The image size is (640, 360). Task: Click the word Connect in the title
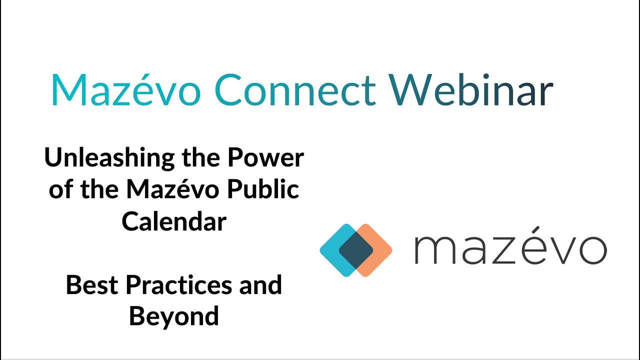pyautogui.click(x=295, y=90)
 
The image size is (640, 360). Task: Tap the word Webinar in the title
pyautogui.click(x=471, y=90)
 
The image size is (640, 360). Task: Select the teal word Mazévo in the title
pyautogui.click(x=126, y=90)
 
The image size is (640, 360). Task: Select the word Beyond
pyautogui.click(x=174, y=316)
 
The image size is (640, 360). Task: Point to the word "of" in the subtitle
pyautogui.click(x=60, y=189)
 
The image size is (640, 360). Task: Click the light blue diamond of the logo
pyautogui.click(x=333, y=250)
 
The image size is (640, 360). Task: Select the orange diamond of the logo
pyautogui.click(x=379, y=250)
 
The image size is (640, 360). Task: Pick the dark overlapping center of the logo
pyautogui.click(x=356, y=250)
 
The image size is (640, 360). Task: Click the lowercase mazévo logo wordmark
pyautogui.click(x=510, y=248)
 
